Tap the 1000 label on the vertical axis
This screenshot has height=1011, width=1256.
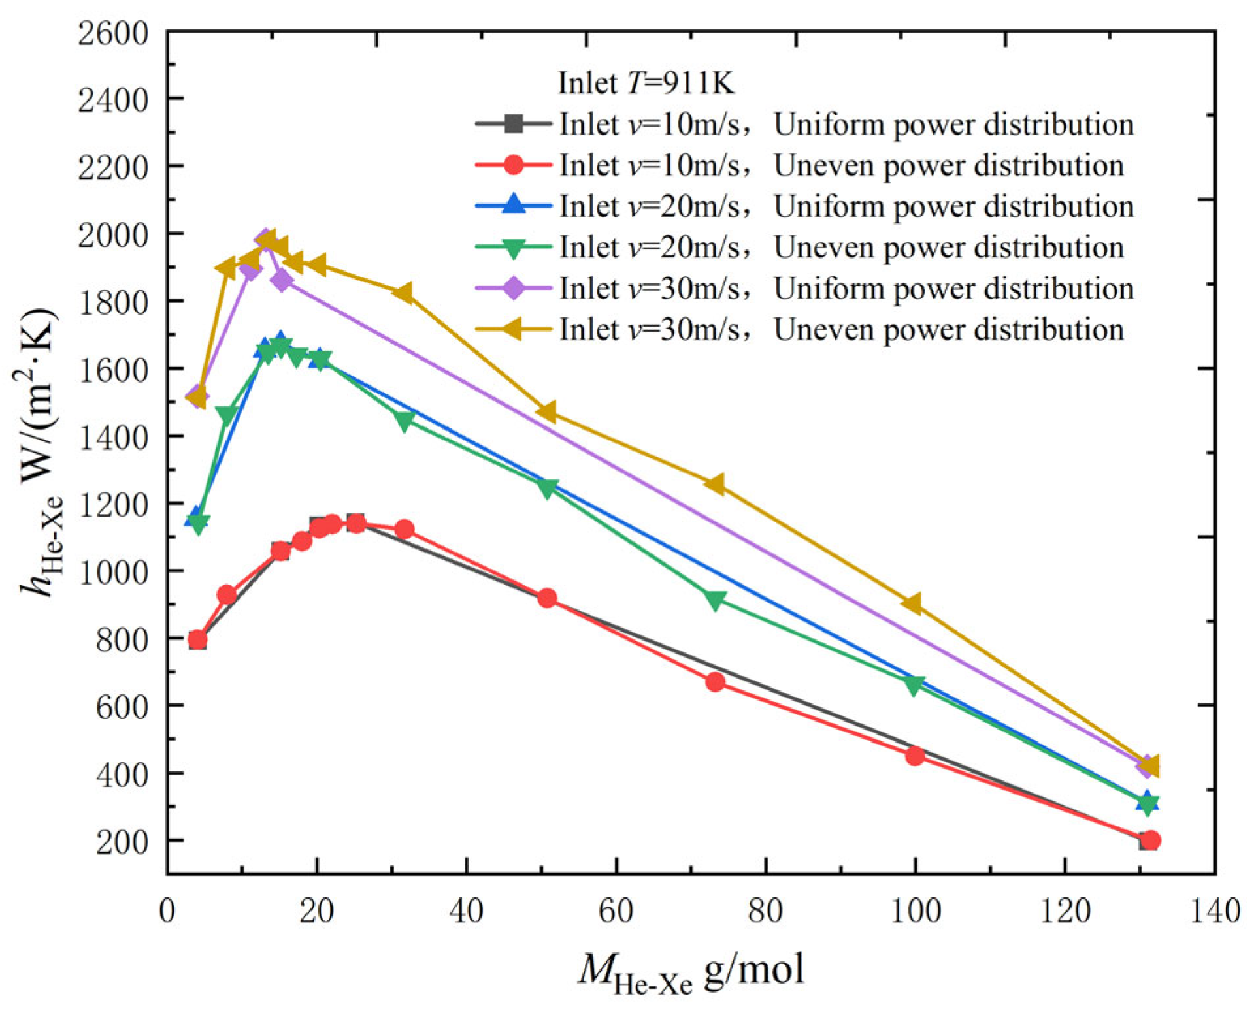pos(113,571)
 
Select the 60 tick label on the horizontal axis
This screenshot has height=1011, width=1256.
pos(616,910)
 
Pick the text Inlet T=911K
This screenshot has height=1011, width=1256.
pos(646,83)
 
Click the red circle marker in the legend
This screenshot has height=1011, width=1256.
pos(514,165)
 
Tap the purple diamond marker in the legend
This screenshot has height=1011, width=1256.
pos(514,288)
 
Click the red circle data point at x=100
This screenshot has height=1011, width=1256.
pos(915,756)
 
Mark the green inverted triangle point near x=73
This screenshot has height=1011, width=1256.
pos(715,600)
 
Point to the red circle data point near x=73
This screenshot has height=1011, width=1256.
pos(715,682)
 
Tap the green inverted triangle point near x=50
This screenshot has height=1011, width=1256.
pos(547,488)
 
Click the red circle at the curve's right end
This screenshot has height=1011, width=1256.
pos(1151,841)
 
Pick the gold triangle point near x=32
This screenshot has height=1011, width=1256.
pos(403,293)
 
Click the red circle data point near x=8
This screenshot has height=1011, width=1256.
pos(227,594)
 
